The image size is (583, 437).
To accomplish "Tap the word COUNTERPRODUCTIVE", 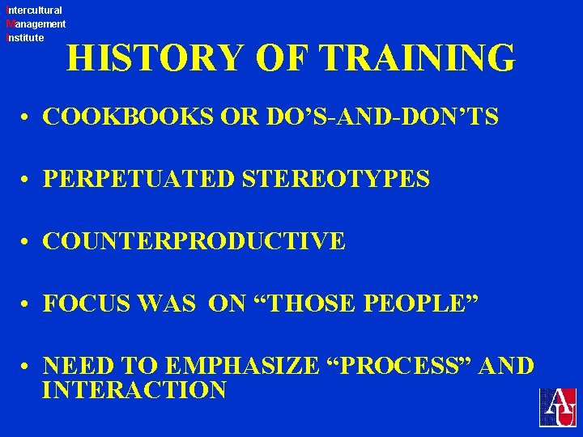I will (x=194, y=241).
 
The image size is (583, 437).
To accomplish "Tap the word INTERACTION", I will (x=134, y=391).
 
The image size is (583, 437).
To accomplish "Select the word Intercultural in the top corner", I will (x=34, y=11).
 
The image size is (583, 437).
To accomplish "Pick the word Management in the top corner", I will (x=36, y=24).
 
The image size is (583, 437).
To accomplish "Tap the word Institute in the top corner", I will (x=25, y=37).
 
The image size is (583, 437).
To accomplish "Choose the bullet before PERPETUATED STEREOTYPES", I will (x=27, y=180).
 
